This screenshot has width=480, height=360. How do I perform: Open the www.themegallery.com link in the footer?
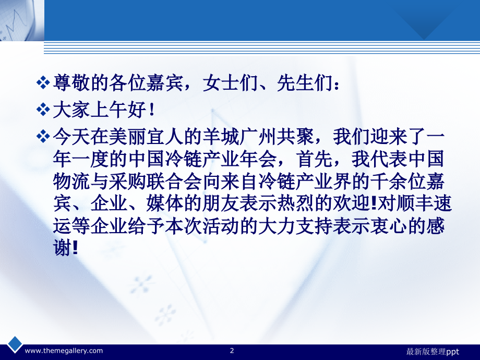64,351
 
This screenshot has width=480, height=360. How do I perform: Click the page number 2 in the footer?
232,351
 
